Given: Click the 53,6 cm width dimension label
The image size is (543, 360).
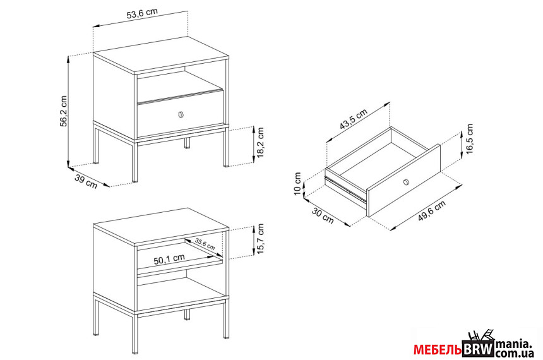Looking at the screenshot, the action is coord(142,14).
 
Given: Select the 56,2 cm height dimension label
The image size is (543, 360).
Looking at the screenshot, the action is coord(64,111).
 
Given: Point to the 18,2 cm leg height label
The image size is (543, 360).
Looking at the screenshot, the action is coord(261,142).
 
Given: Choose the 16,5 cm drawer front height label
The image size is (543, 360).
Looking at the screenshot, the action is coord(470,139).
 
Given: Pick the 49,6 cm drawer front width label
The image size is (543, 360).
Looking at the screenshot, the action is coord(431,211).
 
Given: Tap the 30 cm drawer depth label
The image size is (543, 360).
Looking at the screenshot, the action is coord(323,215).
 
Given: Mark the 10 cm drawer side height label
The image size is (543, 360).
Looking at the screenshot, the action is coord(298,184).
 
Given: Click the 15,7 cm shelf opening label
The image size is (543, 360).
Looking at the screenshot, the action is coord(260,239).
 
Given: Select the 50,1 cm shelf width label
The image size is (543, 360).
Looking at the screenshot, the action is coord(169,258).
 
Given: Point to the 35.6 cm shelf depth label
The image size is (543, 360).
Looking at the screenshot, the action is coord(205,244).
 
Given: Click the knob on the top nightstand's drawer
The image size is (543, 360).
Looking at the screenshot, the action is coord(181,114).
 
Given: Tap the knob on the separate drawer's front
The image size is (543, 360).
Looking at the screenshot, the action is coord(406,183).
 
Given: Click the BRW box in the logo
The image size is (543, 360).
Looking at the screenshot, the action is coord(478,349).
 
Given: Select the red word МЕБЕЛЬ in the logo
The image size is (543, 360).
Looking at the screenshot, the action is coord(438,350).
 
